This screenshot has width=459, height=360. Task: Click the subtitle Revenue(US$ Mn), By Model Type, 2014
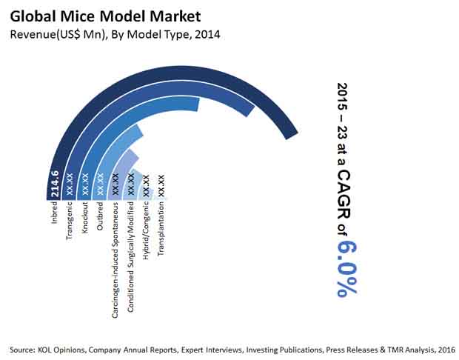pyautogui.click(x=115, y=34)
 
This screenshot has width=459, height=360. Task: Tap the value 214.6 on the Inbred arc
pyautogui.click(x=55, y=185)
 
